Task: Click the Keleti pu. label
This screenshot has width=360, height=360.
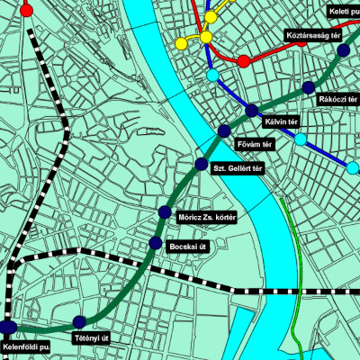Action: [344, 11]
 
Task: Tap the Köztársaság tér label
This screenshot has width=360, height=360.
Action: [310, 36]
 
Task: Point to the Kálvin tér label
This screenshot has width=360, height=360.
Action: [281, 121]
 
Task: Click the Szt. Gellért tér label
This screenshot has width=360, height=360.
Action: [237, 168]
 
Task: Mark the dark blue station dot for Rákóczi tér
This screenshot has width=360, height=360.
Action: [309, 87]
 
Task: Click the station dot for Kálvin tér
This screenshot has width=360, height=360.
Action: [252, 111]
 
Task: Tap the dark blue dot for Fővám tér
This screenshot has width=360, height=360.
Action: [224, 131]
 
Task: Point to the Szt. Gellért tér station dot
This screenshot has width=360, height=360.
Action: [202, 163]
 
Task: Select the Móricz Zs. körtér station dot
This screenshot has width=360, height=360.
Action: [165, 211]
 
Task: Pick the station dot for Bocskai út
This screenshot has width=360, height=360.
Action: [156, 244]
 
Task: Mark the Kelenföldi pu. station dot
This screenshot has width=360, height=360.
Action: [9, 327]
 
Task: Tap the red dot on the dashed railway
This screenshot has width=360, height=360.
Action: [26, 11]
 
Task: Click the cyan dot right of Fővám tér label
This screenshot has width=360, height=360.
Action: [300, 139]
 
